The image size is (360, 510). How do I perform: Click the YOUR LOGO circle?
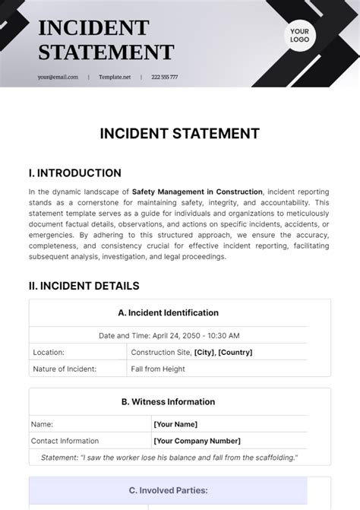point(298,35)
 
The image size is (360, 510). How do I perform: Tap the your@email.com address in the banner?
point(58,77)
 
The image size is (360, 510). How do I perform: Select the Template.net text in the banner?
point(115,77)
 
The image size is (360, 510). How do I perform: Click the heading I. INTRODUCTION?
point(74,173)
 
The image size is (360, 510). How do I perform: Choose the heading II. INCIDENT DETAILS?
point(84,286)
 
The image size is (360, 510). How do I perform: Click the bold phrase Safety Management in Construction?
point(197,192)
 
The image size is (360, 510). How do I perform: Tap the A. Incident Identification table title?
point(169,312)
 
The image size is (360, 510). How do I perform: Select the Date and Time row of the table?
point(169,335)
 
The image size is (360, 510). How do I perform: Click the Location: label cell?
point(49,352)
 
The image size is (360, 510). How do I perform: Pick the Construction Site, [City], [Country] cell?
point(191,352)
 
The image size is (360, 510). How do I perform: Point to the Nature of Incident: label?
point(65,369)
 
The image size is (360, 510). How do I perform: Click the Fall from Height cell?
point(159,369)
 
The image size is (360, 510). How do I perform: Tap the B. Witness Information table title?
point(169,402)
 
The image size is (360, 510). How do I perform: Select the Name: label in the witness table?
point(41,424)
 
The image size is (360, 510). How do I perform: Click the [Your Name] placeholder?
point(175,424)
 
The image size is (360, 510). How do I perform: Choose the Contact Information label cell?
point(65,440)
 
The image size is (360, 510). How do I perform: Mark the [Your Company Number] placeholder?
point(197,440)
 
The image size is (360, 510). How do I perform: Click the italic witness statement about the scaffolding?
point(169,457)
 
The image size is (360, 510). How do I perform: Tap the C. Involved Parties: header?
point(169,490)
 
